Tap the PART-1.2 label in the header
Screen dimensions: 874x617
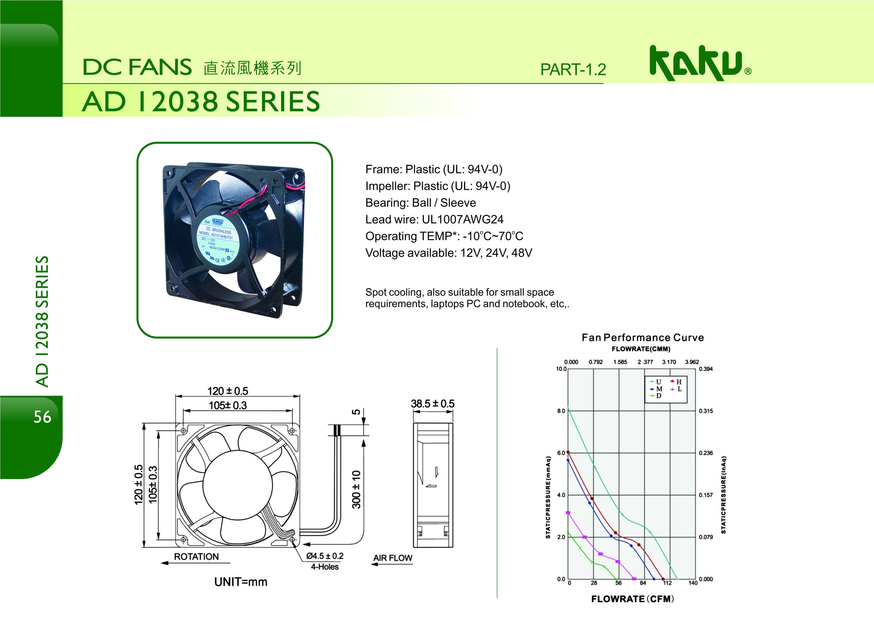pos(573,69)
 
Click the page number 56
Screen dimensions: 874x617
pos(42,417)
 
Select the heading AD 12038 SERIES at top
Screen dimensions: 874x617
pos(201,102)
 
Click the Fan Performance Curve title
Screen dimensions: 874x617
pos(642,337)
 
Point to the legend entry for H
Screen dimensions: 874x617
pos(676,382)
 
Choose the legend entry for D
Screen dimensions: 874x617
pos(656,396)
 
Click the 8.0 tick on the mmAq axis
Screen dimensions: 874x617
pos(561,411)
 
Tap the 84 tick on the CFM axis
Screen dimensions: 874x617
pos(643,583)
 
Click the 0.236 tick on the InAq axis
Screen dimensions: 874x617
pos(706,453)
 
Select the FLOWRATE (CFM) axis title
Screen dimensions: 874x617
pos(633,599)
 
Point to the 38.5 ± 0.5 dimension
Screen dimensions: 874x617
pos(432,404)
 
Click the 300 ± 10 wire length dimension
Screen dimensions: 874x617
pos(356,490)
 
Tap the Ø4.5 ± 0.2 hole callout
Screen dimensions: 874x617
pos(325,556)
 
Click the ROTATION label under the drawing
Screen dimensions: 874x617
pos(196,557)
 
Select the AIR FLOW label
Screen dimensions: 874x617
pos(393,558)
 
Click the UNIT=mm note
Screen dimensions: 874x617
pos(241,582)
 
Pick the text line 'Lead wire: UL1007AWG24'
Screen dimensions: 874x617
pos(434,220)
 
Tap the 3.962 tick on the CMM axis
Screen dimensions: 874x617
pos(692,362)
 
